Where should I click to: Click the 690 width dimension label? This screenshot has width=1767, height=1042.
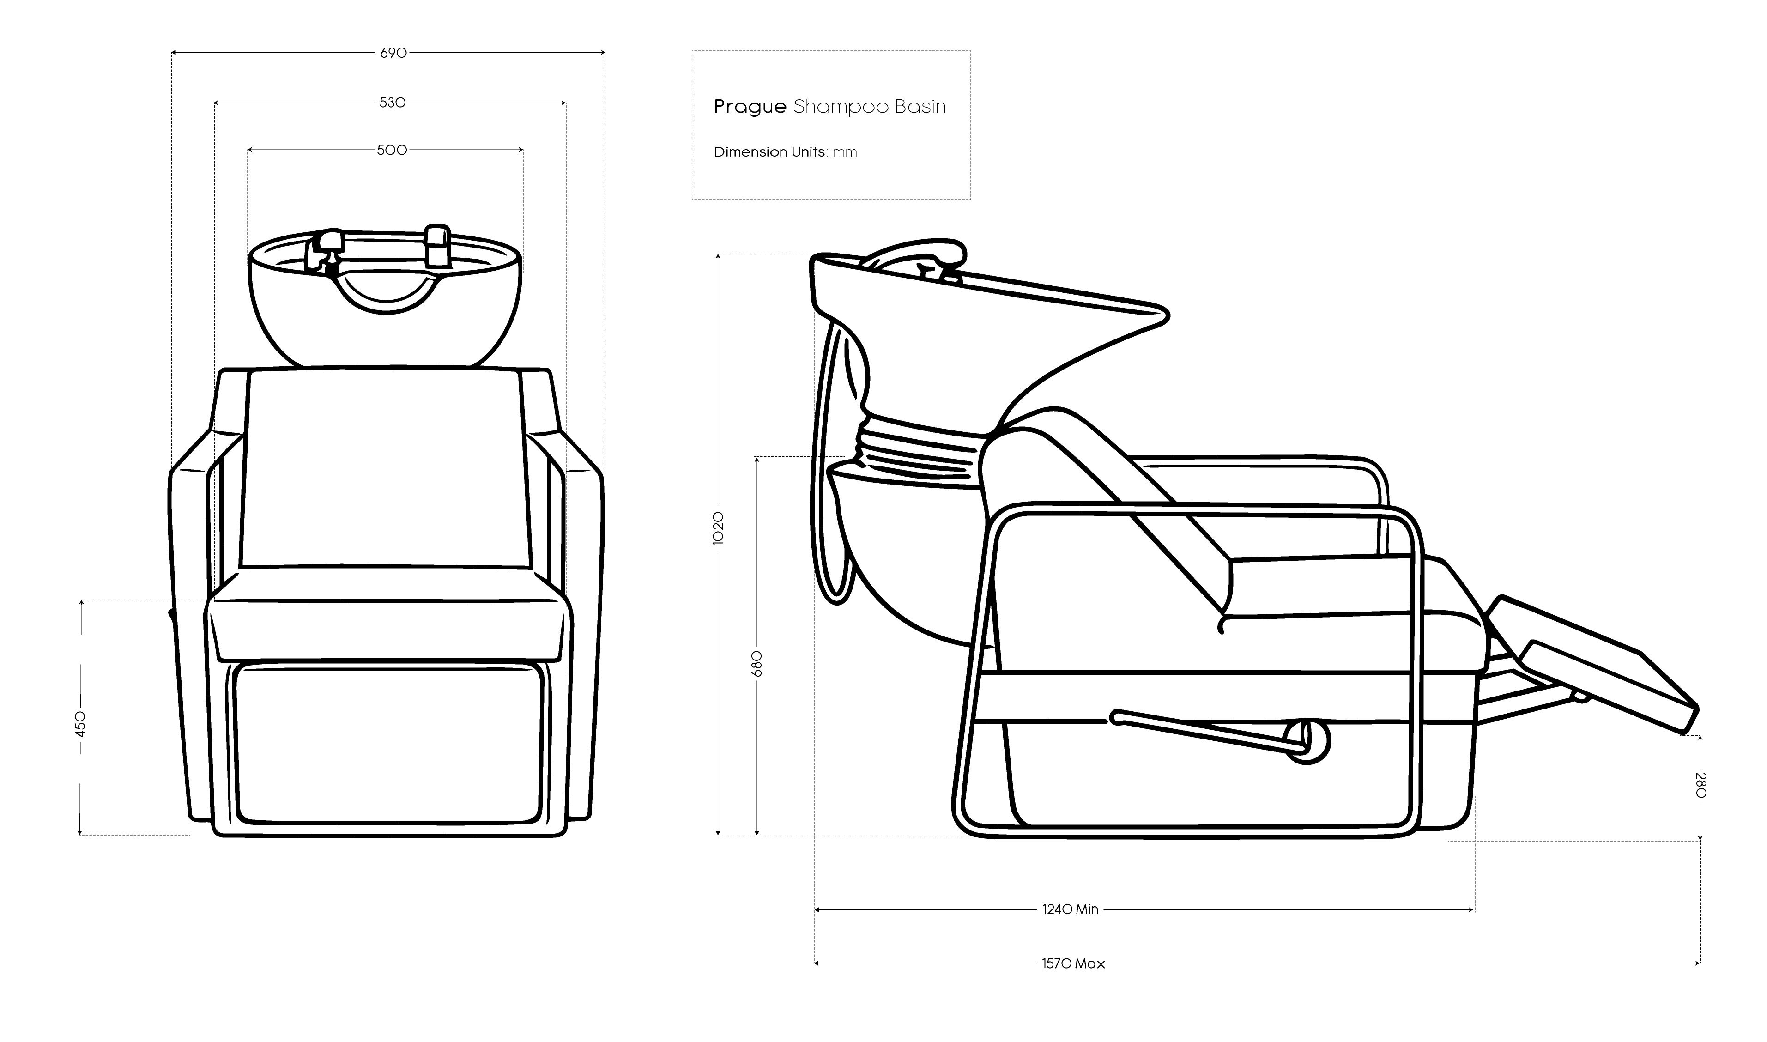tap(393, 53)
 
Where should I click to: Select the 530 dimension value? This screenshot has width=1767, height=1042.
tap(393, 103)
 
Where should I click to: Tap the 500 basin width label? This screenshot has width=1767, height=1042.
tap(392, 150)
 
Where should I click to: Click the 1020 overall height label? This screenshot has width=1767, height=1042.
tap(718, 528)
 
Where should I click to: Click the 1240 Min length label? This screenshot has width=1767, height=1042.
tap(1070, 909)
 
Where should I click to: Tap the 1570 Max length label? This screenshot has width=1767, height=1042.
tap(1073, 963)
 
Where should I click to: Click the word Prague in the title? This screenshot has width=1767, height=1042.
tap(750, 107)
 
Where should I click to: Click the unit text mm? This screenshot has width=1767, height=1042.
tap(845, 152)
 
